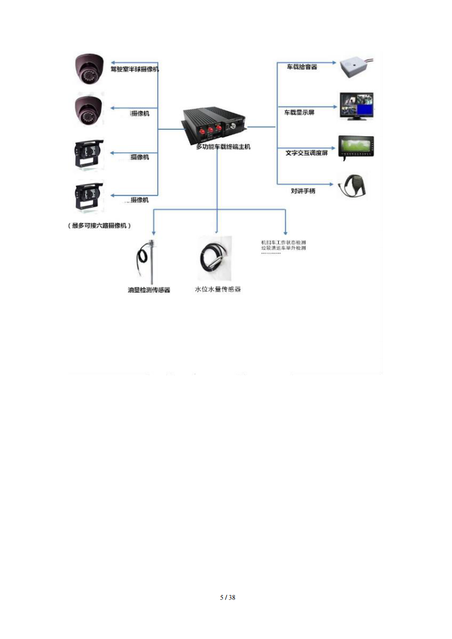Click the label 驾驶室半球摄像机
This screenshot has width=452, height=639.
(135, 69)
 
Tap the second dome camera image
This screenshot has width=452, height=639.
(89, 110)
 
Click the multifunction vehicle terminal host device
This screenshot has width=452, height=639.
(214, 125)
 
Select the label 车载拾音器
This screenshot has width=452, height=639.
(301, 67)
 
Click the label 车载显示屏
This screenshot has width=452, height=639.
(299, 112)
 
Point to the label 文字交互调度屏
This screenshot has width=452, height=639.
(306, 153)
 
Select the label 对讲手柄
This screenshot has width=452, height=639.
(303, 191)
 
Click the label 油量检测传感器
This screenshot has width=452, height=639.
(149, 290)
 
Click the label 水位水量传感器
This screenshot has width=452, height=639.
(218, 289)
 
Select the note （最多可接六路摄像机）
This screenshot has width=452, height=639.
(100, 226)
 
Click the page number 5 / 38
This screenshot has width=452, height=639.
(227, 597)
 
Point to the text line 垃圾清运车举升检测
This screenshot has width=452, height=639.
(283, 248)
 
